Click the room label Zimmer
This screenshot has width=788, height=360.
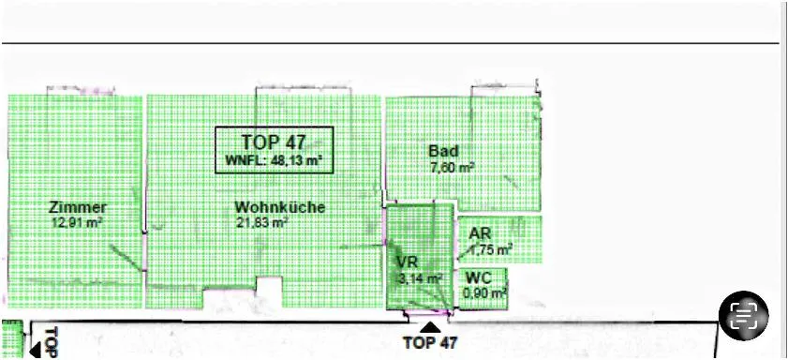point(78,207)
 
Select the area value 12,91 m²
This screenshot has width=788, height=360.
point(78,222)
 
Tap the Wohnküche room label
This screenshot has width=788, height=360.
point(280,207)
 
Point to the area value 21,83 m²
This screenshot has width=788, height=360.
point(261,222)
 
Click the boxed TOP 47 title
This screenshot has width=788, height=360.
point(274,142)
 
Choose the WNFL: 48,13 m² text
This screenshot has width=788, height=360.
point(274,160)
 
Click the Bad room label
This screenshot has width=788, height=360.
point(443,151)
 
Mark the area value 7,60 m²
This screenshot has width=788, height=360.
point(453,167)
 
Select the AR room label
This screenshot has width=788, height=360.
point(480,233)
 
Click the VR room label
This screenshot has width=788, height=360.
point(407,262)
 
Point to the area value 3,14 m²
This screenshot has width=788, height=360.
point(420,278)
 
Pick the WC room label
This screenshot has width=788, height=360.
point(479,277)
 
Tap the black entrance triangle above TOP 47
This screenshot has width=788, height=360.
point(430,328)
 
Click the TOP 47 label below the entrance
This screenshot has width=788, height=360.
point(430,343)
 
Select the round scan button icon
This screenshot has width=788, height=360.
point(743,316)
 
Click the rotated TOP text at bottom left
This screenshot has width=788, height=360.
point(52,342)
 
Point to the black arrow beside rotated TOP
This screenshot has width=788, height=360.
point(35,351)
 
